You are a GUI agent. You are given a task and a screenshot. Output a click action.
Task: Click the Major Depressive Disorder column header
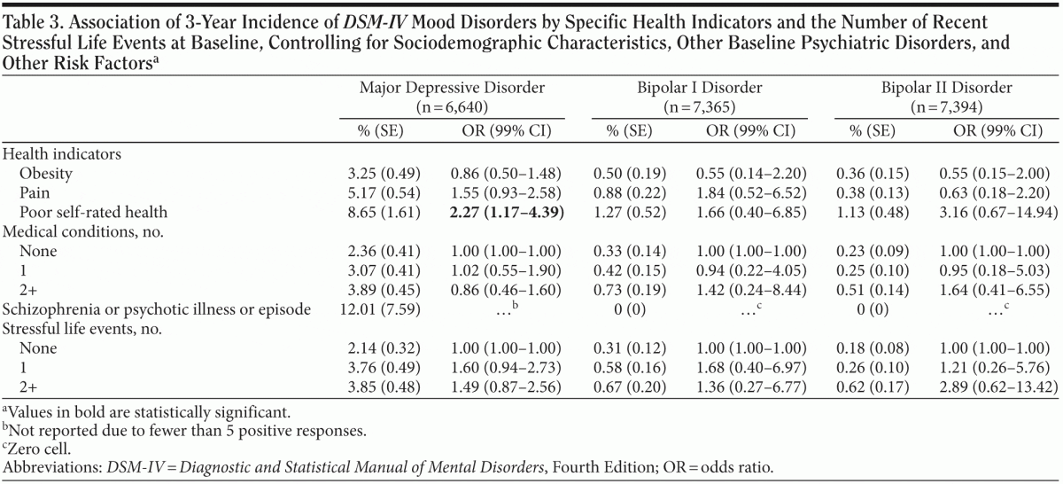pyautogui.click(x=451, y=89)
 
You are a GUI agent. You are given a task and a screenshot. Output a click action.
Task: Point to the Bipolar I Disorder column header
pyautogui.click(x=700, y=89)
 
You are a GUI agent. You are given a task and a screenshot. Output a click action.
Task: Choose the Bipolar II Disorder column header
pyautogui.click(x=946, y=89)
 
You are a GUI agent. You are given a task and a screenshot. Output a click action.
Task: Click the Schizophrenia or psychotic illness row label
pyautogui.click(x=158, y=308)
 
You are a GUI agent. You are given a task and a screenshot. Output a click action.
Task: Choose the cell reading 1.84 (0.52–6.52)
pyautogui.click(x=753, y=193)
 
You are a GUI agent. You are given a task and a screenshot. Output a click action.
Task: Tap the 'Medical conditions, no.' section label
pyautogui.click(x=81, y=233)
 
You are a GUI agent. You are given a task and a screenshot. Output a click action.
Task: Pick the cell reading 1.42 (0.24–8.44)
pyautogui.click(x=753, y=289)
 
